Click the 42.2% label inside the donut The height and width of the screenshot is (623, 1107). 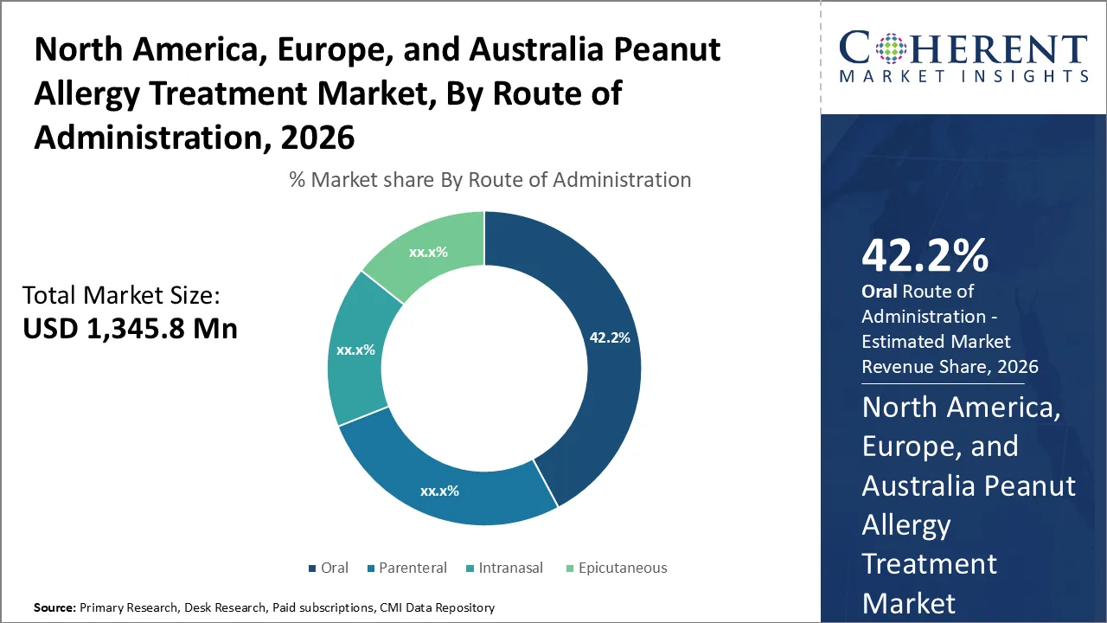(x=610, y=337)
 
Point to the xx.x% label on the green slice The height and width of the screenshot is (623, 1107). (x=426, y=252)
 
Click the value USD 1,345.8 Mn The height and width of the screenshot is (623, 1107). (x=130, y=328)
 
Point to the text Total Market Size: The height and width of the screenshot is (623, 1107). (x=121, y=295)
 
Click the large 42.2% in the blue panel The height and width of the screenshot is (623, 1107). (x=925, y=257)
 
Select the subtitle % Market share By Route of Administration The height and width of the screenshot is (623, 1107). (x=490, y=180)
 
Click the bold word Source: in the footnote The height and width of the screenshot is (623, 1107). (x=54, y=607)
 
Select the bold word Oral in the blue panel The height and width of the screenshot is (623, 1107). (x=880, y=292)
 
